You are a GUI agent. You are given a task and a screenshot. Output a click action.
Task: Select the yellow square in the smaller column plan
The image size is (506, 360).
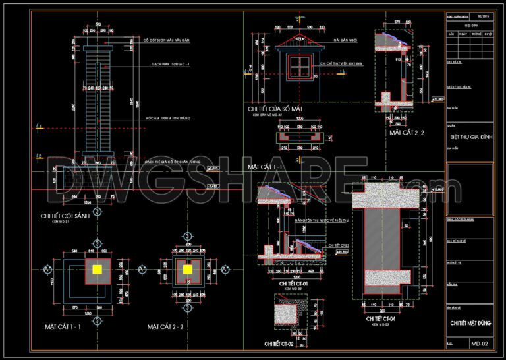point(188,269)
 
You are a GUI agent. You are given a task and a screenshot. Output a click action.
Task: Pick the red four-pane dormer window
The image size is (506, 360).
point(298,65)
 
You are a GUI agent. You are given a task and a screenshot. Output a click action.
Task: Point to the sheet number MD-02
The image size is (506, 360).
point(479,344)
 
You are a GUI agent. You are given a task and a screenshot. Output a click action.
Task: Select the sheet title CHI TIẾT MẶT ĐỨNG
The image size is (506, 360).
point(471,323)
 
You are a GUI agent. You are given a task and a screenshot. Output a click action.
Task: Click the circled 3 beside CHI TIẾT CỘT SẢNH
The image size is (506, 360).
point(98,212)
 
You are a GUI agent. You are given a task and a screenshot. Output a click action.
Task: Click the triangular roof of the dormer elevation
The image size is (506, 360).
point(298,42)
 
